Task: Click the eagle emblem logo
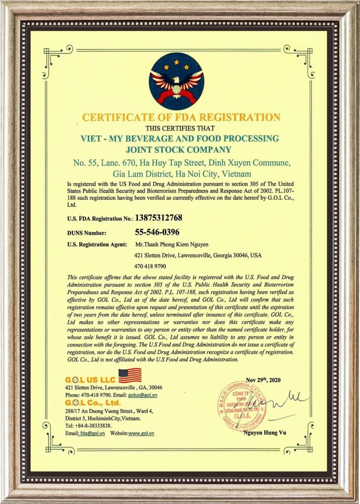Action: point(176,81)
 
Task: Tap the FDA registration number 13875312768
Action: point(162,217)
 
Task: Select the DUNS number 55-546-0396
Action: point(157,232)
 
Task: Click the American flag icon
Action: point(130,376)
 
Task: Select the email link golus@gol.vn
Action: point(142,395)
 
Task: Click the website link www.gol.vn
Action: point(141,433)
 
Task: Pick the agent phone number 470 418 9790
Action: point(151,266)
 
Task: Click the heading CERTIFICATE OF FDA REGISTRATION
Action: point(181,117)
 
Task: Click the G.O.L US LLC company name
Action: point(90,380)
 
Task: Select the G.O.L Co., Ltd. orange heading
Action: point(93,403)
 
